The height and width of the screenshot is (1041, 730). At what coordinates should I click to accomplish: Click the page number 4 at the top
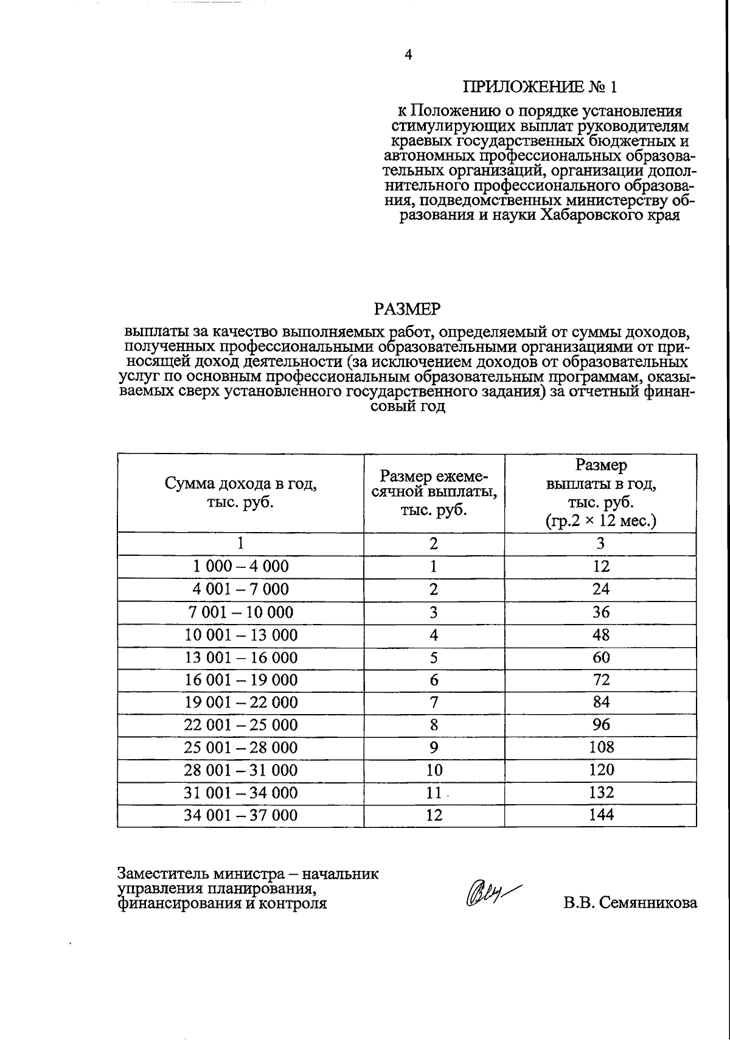[x=408, y=55]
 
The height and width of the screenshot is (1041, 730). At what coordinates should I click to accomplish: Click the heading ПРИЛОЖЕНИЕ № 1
[x=540, y=87]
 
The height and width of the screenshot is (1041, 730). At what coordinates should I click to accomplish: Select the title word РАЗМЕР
[x=406, y=310]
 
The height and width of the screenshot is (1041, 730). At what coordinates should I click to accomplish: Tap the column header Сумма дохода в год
[x=241, y=485]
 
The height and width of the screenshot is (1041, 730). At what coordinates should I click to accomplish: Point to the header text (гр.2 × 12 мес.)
[x=600, y=520]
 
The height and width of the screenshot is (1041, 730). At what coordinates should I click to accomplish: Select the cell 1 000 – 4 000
[x=241, y=567]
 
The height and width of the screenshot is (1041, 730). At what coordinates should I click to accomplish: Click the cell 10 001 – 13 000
[x=241, y=635]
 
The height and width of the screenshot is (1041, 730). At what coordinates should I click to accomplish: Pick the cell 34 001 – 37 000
[x=241, y=815]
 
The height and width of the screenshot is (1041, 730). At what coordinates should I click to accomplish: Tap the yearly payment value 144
[x=600, y=815]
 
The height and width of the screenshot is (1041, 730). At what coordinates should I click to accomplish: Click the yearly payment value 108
[x=600, y=747]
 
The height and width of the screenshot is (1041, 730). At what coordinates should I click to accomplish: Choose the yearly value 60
[x=600, y=657]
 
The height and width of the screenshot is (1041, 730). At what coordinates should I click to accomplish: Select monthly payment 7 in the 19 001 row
[x=434, y=703]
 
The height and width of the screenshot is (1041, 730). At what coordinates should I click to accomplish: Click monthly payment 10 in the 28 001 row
[x=434, y=770]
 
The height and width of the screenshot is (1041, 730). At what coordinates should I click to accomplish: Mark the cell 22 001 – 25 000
[x=241, y=725]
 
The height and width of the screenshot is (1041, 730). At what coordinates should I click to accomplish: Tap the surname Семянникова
[x=647, y=903]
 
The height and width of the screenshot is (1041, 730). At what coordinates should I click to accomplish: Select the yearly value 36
[x=600, y=612]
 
